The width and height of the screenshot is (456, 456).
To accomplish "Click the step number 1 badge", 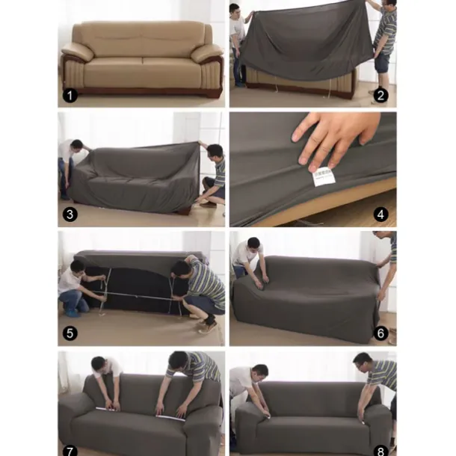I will click(x=70, y=96).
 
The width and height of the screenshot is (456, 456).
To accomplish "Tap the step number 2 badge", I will click(x=380, y=95).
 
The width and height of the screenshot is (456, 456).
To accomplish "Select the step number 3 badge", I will click(x=70, y=215).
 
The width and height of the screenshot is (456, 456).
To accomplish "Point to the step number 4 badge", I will click(x=380, y=215).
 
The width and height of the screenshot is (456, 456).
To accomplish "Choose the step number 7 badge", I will click(x=70, y=449).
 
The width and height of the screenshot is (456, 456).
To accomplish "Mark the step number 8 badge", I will click(x=380, y=449).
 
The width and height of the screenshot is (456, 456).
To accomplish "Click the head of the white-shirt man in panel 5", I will click(x=77, y=267).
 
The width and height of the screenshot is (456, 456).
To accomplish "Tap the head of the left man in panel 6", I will click(x=252, y=246).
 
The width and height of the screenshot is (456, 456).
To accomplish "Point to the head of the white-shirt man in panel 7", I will click(x=100, y=363).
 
